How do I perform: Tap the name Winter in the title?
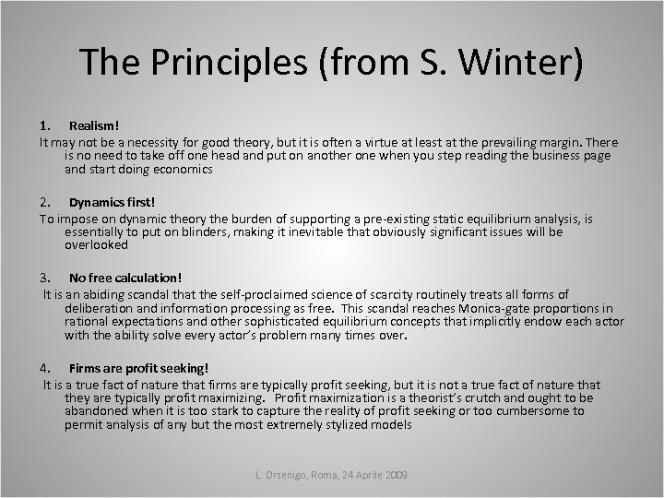[524, 62]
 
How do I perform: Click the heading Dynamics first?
[112, 202]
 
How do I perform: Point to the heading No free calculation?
[125, 278]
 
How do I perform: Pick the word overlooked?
[97, 245]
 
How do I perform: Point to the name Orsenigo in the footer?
[295, 474]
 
